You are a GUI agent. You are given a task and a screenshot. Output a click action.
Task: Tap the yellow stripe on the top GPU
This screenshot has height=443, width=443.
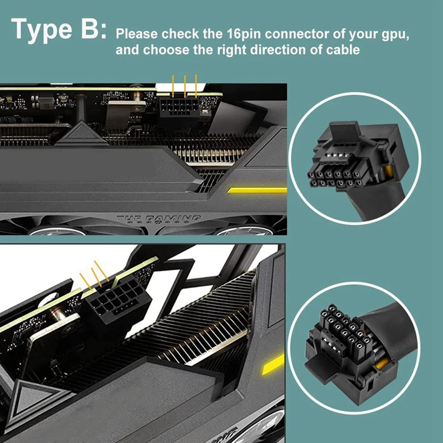pos(256,190)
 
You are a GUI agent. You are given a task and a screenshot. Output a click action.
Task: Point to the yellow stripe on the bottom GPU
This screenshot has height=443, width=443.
pos(274,364)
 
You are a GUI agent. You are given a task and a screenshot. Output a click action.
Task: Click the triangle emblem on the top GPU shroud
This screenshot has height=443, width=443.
pos(82,135)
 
